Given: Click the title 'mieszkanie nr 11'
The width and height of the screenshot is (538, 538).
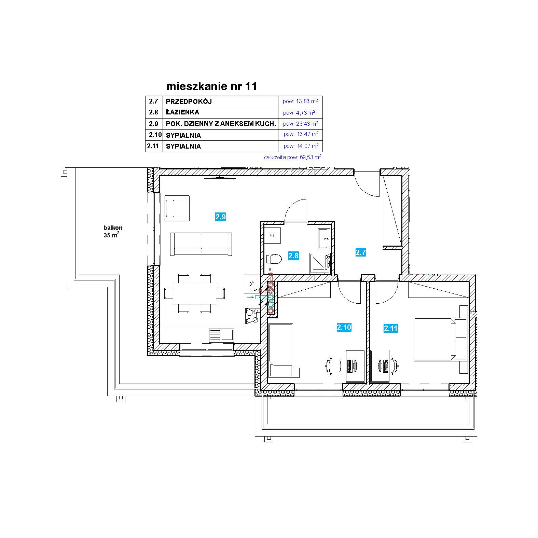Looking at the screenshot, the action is tap(211, 86).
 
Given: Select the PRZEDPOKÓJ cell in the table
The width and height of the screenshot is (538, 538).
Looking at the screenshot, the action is tap(189, 101).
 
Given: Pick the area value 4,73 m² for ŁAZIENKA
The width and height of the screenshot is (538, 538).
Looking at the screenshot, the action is tap(299, 112).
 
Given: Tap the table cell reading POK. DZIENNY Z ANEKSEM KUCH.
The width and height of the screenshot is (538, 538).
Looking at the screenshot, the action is tap(221, 124).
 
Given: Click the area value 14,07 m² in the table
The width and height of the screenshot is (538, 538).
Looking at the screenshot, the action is tap(301, 146).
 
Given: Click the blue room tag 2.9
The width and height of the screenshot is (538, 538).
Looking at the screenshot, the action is tap(221, 217).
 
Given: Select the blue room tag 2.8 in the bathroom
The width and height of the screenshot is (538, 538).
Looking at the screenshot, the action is tap(293, 256).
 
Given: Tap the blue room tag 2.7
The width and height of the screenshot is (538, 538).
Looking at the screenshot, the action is tap(361, 252).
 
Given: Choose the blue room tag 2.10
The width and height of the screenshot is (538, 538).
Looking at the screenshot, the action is tap(344, 327).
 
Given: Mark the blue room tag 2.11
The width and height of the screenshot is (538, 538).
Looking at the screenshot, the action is tap(390, 328).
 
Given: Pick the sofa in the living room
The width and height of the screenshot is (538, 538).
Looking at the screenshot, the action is tap(201, 244).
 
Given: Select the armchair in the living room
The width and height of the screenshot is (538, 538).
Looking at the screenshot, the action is tap(177, 208).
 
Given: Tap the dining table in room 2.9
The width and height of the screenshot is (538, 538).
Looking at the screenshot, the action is tap(194, 293).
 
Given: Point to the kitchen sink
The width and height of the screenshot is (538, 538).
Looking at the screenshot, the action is tap(221, 335).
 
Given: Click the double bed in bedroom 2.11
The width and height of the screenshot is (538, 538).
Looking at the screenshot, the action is tap(440, 339).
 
